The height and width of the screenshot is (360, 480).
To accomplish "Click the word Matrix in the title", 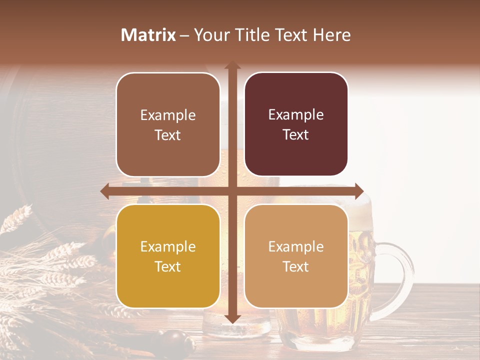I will (148, 35).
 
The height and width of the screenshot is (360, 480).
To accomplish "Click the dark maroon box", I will (296, 124).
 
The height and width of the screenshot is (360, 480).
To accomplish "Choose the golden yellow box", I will (168, 256).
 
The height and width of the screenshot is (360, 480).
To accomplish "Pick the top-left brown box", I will (168, 124).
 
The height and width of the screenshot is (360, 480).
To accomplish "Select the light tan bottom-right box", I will (296, 256).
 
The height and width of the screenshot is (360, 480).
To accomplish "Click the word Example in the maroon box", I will (296, 115).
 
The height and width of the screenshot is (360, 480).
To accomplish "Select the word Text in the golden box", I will (168, 266).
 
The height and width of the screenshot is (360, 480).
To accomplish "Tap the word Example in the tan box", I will (296, 246).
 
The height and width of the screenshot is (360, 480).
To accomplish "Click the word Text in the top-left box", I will (168, 135).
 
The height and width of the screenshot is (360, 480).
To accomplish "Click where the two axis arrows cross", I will (232, 191).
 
